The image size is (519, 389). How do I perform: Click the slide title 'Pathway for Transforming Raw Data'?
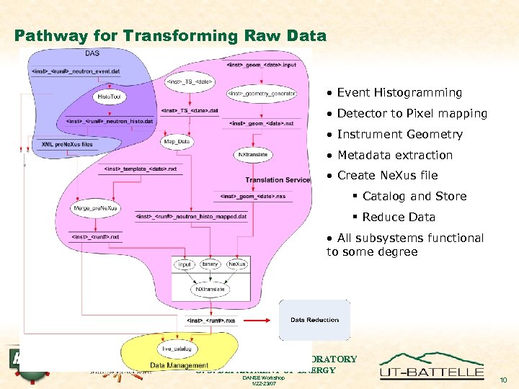(170, 36)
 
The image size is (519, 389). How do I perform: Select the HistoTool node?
(105, 95)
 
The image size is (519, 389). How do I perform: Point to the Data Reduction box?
(314, 320)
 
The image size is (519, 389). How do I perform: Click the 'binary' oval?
(210, 265)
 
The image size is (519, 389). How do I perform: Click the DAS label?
(92, 53)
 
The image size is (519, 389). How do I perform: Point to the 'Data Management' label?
(179, 365)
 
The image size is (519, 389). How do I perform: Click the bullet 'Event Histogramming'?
(399, 92)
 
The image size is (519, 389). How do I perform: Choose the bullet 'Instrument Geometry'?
(399, 134)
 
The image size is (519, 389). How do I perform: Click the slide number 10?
(503, 380)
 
